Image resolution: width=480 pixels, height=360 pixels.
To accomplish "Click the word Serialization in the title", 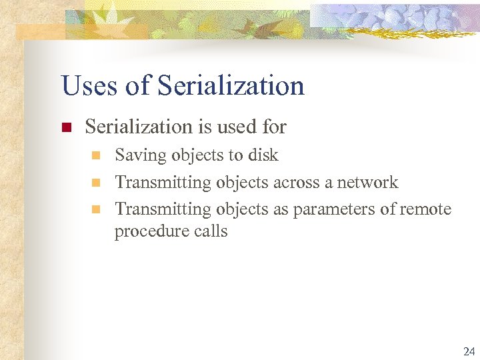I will point(231,86).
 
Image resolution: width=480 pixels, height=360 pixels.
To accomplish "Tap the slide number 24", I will point(469,351).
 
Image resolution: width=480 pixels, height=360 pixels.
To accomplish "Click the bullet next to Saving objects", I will point(95,156).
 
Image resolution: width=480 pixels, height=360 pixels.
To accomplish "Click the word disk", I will point(263,155).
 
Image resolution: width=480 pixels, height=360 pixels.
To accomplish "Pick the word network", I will point(367,182).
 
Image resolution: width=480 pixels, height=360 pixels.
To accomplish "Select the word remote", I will point(425,209).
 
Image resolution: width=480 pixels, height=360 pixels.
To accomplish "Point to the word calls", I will point(207,231).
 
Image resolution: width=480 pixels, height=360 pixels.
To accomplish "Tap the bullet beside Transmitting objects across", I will point(95,183).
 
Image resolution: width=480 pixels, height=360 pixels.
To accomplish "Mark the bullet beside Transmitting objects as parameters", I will point(95,210).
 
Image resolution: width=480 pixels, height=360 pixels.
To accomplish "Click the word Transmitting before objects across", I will point(163,182).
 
